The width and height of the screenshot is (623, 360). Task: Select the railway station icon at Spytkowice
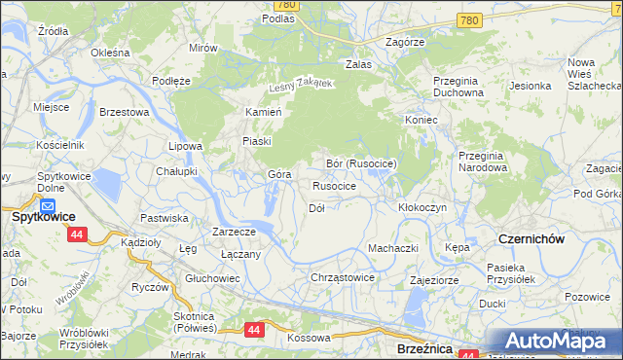[48, 205]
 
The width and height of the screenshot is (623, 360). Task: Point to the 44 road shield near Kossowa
[254, 330]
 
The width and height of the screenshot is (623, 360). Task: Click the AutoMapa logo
[551, 342]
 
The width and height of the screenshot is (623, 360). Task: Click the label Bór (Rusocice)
[361, 163]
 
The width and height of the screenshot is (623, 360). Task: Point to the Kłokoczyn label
[422, 208]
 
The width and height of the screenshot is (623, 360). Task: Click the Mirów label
[202, 48]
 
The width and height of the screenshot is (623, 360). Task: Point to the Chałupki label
[177, 171]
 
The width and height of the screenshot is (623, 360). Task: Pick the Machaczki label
[392, 248]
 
